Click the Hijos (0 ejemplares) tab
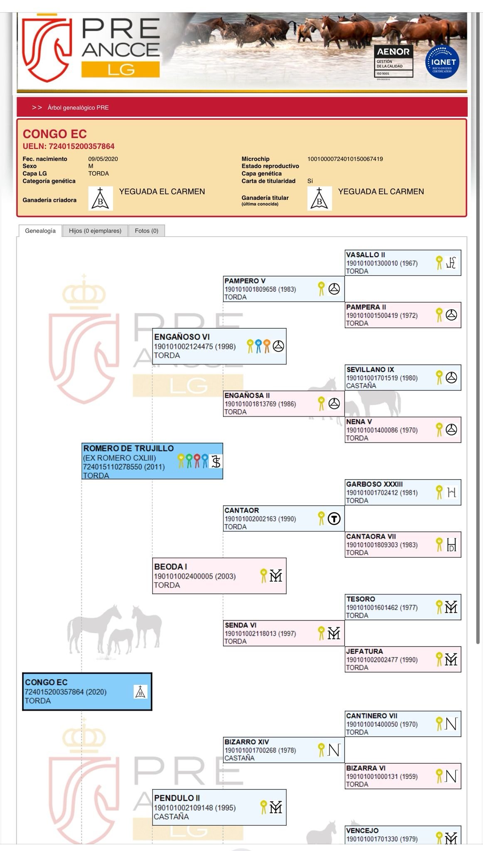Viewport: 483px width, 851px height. (95, 231)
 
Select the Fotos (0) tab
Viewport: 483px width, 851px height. (146, 231)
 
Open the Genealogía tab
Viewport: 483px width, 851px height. (40, 231)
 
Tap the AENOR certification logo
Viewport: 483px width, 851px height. (393, 62)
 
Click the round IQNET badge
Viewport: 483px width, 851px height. (442, 62)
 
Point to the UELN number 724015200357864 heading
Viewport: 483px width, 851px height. (69, 146)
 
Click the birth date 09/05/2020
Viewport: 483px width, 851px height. (103, 159)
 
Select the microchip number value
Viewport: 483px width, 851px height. (345, 159)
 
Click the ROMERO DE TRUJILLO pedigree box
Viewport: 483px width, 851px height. (152, 461)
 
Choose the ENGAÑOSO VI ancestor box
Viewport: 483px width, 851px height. (219, 346)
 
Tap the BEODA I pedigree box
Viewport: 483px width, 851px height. (219, 576)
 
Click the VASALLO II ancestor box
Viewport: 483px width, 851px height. (402, 263)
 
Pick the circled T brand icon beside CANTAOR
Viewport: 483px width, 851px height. (334, 519)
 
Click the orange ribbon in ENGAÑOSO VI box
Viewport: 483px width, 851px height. (267, 346)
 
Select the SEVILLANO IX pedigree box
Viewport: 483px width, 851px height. (402, 377)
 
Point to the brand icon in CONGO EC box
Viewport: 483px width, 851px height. (140, 691)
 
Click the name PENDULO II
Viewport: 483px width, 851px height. (177, 798)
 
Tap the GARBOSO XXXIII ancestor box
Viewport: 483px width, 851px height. (402, 492)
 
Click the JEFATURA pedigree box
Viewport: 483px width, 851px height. (402, 659)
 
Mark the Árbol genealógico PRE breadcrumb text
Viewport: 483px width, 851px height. (78, 108)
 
